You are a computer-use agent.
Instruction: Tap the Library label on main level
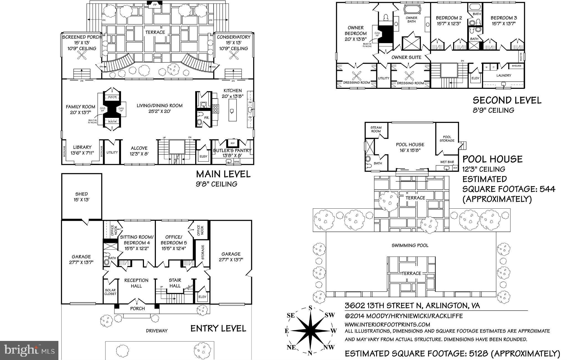click(x=82, y=147)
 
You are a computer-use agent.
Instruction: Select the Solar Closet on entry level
click(x=110, y=292)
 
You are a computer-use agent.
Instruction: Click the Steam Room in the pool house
click(x=376, y=129)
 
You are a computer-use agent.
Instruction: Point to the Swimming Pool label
click(x=410, y=245)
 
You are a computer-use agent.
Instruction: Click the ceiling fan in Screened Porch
click(x=82, y=57)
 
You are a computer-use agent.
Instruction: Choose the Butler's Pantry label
click(x=232, y=151)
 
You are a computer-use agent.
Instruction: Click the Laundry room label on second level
click(x=504, y=75)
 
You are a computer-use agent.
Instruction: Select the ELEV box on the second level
click(x=475, y=78)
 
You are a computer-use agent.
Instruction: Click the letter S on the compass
click(x=310, y=308)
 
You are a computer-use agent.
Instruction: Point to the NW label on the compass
click(x=329, y=347)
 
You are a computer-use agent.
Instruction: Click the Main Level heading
click(x=223, y=174)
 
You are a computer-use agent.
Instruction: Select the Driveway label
click(x=157, y=331)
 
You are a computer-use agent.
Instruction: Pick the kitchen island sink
click(x=232, y=111)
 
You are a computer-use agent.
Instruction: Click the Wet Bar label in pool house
click(x=447, y=162)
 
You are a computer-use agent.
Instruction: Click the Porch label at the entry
click(x=137, y=309)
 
